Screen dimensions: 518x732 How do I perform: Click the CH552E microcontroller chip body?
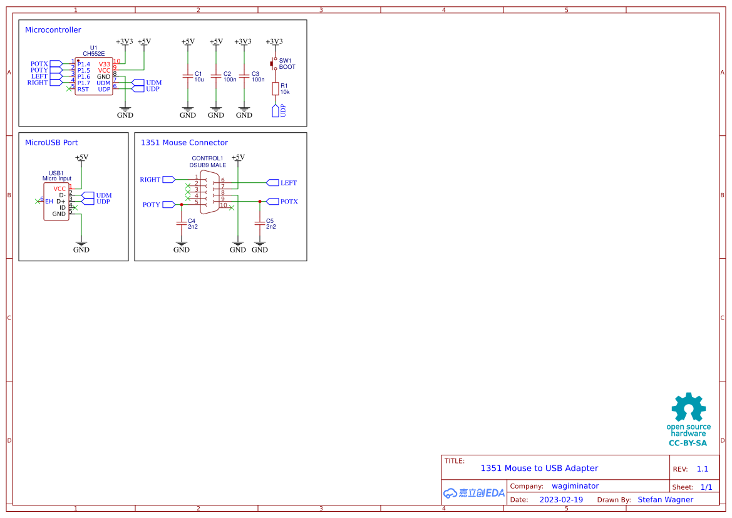94,76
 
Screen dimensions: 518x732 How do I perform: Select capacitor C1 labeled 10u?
187,76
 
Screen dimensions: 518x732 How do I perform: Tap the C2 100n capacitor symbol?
215,76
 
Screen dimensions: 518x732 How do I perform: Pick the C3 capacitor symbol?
244,76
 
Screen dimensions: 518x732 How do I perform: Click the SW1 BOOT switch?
274,63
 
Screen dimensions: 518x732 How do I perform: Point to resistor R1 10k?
275,89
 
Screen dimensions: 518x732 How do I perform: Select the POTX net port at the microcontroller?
56,64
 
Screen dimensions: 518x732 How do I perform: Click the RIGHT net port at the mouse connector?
168,179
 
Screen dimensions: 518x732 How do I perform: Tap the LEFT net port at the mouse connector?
272,183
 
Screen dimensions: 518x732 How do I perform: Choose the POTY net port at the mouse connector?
168,204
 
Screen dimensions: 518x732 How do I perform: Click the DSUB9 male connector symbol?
209,192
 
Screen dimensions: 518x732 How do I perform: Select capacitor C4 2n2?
182,222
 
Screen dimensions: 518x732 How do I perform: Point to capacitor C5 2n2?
259,222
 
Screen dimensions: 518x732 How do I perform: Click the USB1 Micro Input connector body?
56,201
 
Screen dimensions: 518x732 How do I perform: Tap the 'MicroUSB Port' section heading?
51,143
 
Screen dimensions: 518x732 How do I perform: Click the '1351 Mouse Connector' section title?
184,143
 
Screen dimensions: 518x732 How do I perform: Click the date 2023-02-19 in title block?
561,500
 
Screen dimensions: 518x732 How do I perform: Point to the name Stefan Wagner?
665,500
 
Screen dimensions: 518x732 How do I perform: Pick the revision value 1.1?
703,469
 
